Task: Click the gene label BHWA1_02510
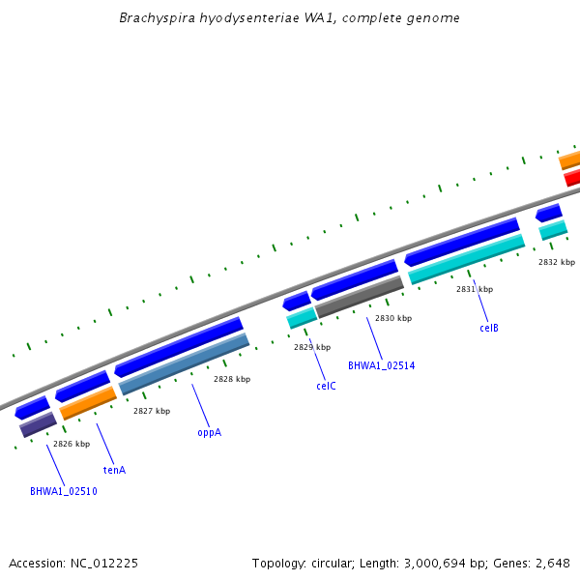click(x=63, y=491)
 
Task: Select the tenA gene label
click(x=114, y=470)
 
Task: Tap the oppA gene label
click(x=209, y=432)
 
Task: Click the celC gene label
click(x=326, y=386)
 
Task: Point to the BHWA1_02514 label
click(x=381, y=365)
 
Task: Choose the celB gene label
click(x=489, y=328)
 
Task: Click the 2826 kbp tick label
click(x=72, y=444)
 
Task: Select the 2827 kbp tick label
click(x=152, y=411)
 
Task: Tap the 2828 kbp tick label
click(x=232, y=379)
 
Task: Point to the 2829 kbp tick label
click(x=312, y=347)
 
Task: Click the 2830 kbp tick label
click(x=393, y=318)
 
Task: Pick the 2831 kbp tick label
click(x=475, y=289)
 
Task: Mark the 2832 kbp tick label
click(x=557, y=262)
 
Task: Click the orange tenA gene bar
click(x=88, y=403)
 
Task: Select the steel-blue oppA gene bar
click(x=184, y=363)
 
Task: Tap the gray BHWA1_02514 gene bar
click(x=359, y=297)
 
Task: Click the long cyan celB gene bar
click(x=466, y=259)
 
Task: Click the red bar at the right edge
click(x=572, y=178)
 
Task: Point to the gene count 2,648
click(x=552, y=563)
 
